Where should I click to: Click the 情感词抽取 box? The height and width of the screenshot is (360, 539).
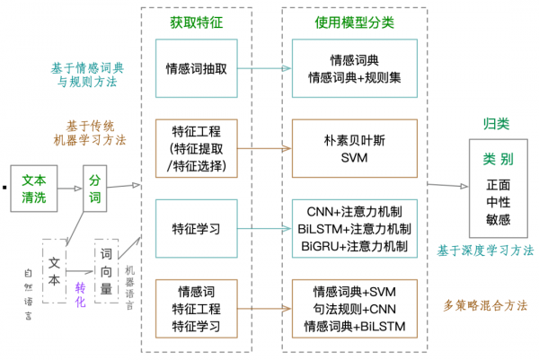pyautogui.click(x=196, y=68)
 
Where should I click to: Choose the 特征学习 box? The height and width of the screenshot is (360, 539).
pyautogui.click(x=196, y=229)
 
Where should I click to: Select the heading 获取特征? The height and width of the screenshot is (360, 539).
pyautogui.click(x=195, y=21)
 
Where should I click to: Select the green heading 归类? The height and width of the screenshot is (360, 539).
pyautogui.click(x=494, y=125)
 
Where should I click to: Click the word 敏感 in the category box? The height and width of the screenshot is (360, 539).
pyautogui.click(x=498, y=217)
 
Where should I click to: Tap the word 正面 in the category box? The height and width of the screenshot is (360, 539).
pyautogui.click(x=498, y=185)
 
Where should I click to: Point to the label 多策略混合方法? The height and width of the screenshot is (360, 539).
pyautogui.click(x=486, y=306)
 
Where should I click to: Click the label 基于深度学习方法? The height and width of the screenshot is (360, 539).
pyautogui.click(x=484, y=250)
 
